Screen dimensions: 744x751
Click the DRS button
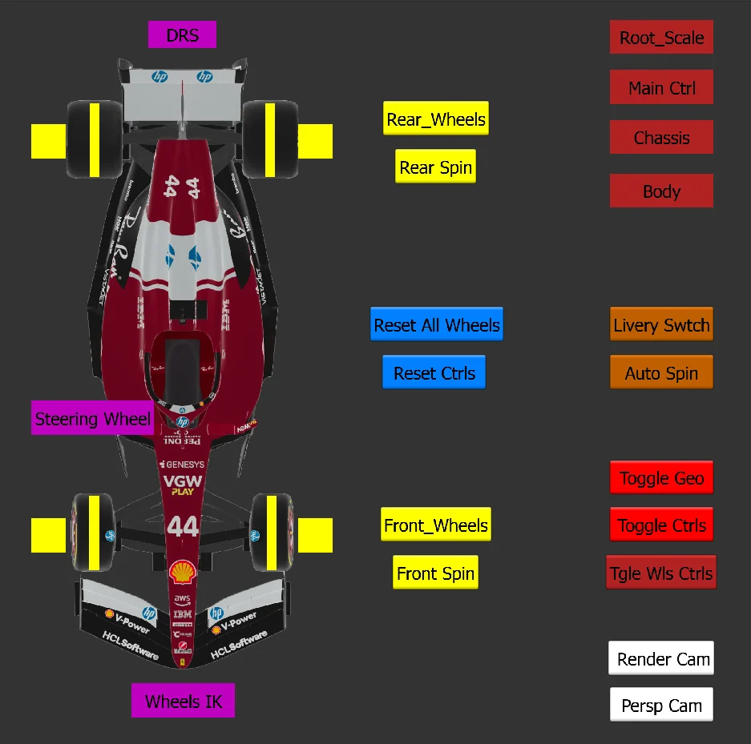click(182, 35)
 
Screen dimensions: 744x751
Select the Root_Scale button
click(661, 38)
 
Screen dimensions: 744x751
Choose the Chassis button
click(661, 138)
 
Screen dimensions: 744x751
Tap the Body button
click(661, 191)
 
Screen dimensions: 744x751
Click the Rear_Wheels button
click(435, 119)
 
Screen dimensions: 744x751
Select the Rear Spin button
click(435, 167)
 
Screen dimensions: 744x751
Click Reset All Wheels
click(437, 324)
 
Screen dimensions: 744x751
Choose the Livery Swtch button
click(661, 324)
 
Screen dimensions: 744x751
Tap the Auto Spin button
click(661, 372)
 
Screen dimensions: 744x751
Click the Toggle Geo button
click(661, 478)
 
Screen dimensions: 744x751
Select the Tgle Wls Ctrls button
click(661, 573)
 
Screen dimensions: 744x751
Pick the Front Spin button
click(435, 573)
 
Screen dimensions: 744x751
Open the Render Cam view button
click(661, 658)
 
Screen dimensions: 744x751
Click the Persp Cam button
click(661, 705)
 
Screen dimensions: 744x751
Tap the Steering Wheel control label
click(92, 418)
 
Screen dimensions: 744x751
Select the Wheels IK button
click(183, 702)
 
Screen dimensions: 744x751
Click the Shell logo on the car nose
click(183, 571)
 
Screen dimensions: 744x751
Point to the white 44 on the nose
click(183, 526)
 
